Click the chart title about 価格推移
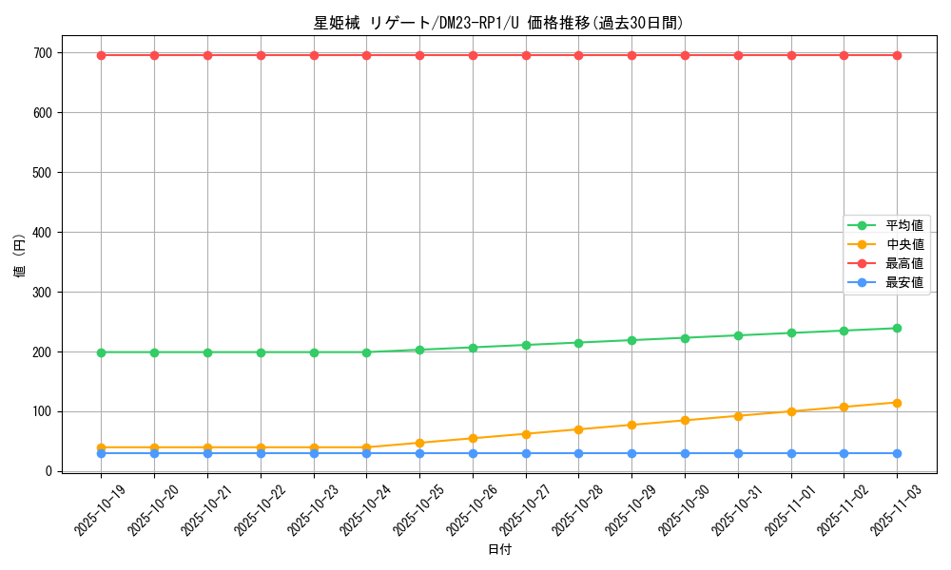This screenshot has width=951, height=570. tap(498, 23)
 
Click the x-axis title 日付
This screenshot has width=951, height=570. tap(498, 550)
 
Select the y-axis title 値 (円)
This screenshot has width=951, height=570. tap(20, 256)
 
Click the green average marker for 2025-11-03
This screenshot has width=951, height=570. tap(897, 329)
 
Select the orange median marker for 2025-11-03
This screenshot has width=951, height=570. tap(897, 403)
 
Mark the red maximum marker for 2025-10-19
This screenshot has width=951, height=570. tap(102, 55)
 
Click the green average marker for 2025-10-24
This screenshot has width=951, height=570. tap(366, 352)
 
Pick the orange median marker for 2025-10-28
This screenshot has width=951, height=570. tap(578, 429)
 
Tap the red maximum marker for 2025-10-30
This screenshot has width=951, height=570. tap(685, 55)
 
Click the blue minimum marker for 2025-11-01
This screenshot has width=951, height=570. tap(790, 453)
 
